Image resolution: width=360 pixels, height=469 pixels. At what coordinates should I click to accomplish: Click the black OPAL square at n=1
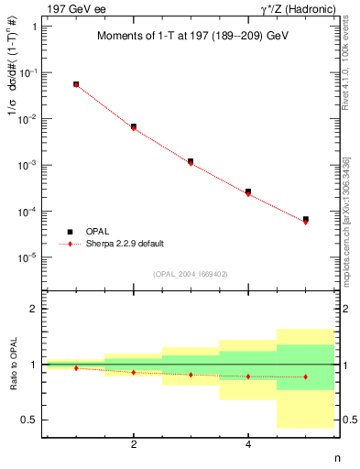point(76,84)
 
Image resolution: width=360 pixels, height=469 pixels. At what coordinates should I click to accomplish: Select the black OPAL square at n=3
point(191,161)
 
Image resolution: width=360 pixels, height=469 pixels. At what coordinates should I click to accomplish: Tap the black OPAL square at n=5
point(305,220)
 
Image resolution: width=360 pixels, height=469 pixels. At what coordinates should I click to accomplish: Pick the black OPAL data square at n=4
point(248,191)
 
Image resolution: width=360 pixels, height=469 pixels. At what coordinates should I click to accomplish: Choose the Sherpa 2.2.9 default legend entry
point(125,244)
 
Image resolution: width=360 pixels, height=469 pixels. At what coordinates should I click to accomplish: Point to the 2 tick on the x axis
point(134,445)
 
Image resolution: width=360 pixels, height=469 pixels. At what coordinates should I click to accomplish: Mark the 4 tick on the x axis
point(248,445)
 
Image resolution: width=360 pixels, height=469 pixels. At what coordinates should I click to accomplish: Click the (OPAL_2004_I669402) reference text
point(166,273)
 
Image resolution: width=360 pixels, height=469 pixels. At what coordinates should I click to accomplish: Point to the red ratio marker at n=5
point(305,376)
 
